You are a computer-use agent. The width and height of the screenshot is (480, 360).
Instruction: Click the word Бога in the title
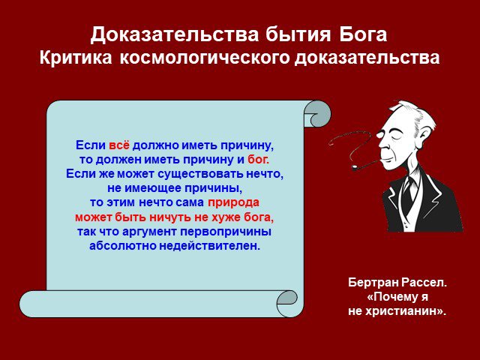363,34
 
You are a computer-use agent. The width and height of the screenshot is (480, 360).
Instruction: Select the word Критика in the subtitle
76,57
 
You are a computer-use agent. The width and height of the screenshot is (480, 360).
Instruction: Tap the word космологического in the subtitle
205,58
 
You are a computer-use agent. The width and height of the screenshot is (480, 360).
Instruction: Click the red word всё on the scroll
119,145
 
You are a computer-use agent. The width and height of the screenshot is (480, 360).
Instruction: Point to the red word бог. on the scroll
258,160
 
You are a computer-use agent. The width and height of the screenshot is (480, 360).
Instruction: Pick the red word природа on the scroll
233,203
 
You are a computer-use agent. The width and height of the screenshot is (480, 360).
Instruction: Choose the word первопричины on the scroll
226,232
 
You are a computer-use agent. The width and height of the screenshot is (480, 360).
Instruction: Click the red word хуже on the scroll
226,217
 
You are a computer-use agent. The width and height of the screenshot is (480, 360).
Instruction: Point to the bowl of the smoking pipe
355,167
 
